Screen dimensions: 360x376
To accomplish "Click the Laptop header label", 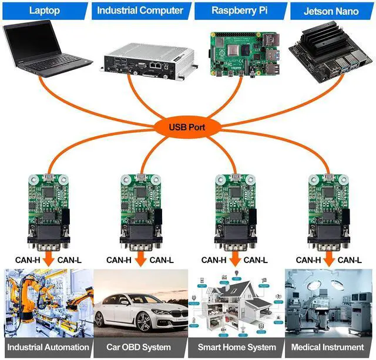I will point(45,10).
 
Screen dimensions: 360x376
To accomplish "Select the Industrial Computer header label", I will point(140,10).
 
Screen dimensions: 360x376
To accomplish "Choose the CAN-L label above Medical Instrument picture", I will point(350,260).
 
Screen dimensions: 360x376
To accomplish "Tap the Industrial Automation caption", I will point(48,347).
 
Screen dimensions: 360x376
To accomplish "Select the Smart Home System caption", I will point(236,347).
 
